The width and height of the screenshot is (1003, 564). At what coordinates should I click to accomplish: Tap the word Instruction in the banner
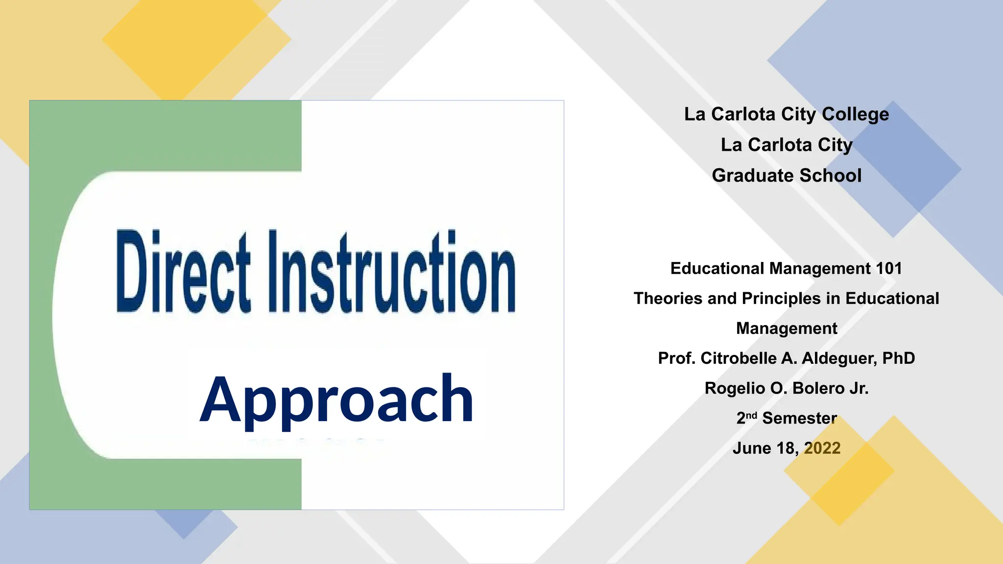[392, 272]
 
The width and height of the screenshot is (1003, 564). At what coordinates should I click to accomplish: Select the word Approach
[337, 399]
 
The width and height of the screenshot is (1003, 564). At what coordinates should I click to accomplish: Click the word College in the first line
[855, 114]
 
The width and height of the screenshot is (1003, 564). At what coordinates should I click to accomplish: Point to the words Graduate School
[787, 175]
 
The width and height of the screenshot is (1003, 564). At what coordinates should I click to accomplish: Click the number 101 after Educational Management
[889, 268]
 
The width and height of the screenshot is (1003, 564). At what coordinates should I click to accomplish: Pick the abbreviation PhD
[898, 358]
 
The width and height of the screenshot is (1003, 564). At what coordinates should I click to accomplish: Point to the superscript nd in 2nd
[751, 415]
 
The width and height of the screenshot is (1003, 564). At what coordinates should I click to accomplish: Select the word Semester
[799, 418]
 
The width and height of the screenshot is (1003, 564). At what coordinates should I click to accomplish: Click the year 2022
[822, 448]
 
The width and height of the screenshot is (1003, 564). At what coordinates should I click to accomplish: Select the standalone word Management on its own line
[787, 328]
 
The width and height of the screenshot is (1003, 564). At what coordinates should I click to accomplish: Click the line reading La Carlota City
[787, 145]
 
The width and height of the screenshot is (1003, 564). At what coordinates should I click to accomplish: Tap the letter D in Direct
[132, 272]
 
